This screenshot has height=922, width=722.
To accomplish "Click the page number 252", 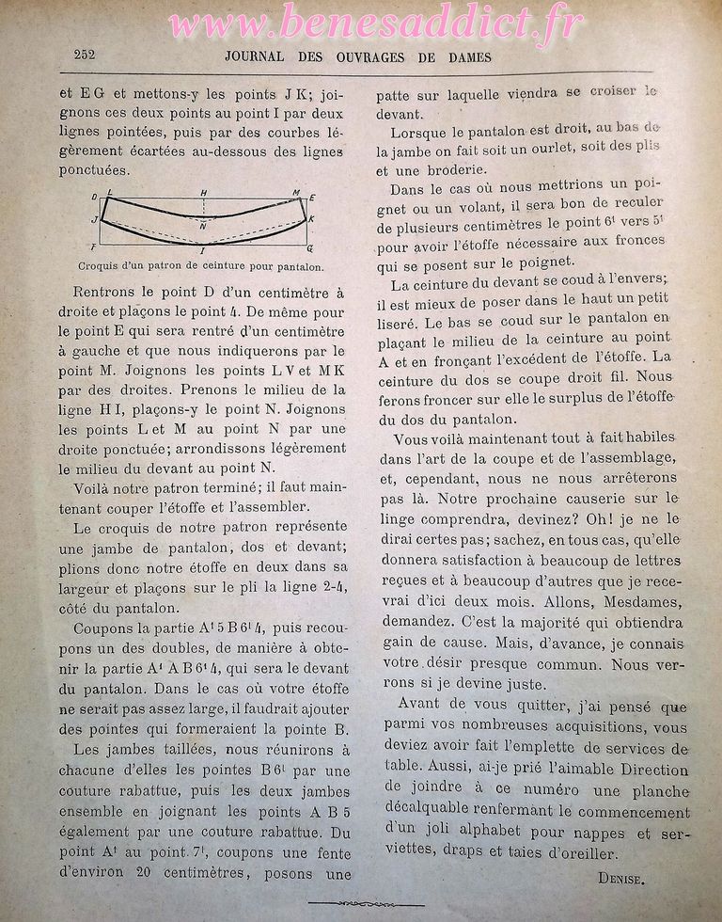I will point(84,55).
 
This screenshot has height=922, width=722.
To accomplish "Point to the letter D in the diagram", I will point(95,197).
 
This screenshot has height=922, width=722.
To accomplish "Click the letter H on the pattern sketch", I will point(203,193).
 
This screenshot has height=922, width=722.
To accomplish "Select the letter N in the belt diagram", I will point(204,226).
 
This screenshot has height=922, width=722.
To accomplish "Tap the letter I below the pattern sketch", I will point(203,249).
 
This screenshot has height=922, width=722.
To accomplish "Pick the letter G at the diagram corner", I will point(310,247).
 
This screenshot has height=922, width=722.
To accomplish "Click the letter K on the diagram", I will point(311,219).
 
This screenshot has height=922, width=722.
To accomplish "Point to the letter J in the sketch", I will point(94,219).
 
